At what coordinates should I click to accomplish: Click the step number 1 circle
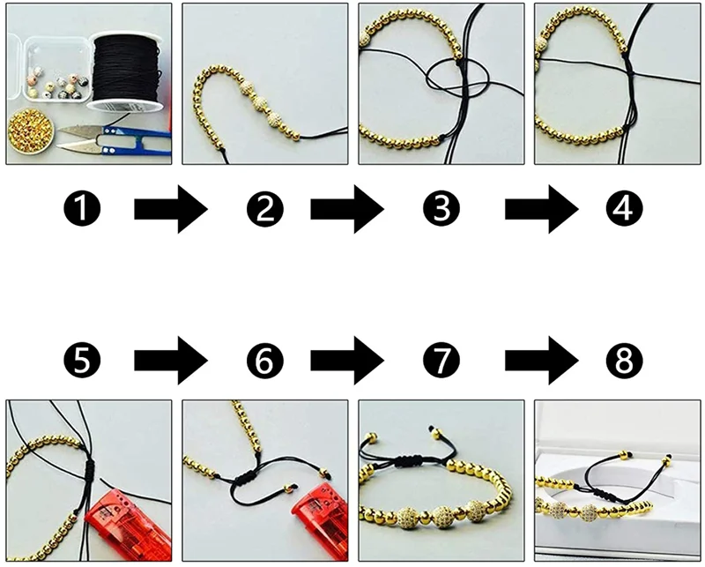88,209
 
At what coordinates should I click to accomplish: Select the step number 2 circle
264,209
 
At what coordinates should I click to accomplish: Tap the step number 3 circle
442,209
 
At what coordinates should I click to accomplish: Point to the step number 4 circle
623,209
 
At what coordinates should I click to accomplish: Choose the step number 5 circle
88,360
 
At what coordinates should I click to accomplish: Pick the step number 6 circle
264,360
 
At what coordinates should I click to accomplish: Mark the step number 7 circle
442,360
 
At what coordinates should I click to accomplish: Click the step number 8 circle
623,360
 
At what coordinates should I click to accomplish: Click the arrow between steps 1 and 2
170,210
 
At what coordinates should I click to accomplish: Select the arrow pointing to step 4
540,210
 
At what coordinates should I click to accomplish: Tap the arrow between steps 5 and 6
170,361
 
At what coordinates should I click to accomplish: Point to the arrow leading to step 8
540,361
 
